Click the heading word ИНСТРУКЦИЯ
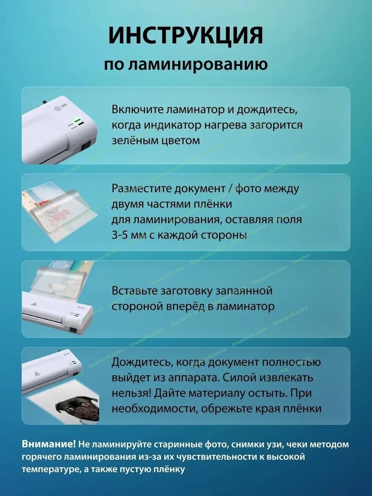tap(186, 36)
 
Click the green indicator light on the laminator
tap(79, 120)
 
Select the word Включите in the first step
tap(138, 110)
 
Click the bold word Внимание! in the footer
tap(48, 444)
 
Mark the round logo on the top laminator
tap(58, 109)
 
